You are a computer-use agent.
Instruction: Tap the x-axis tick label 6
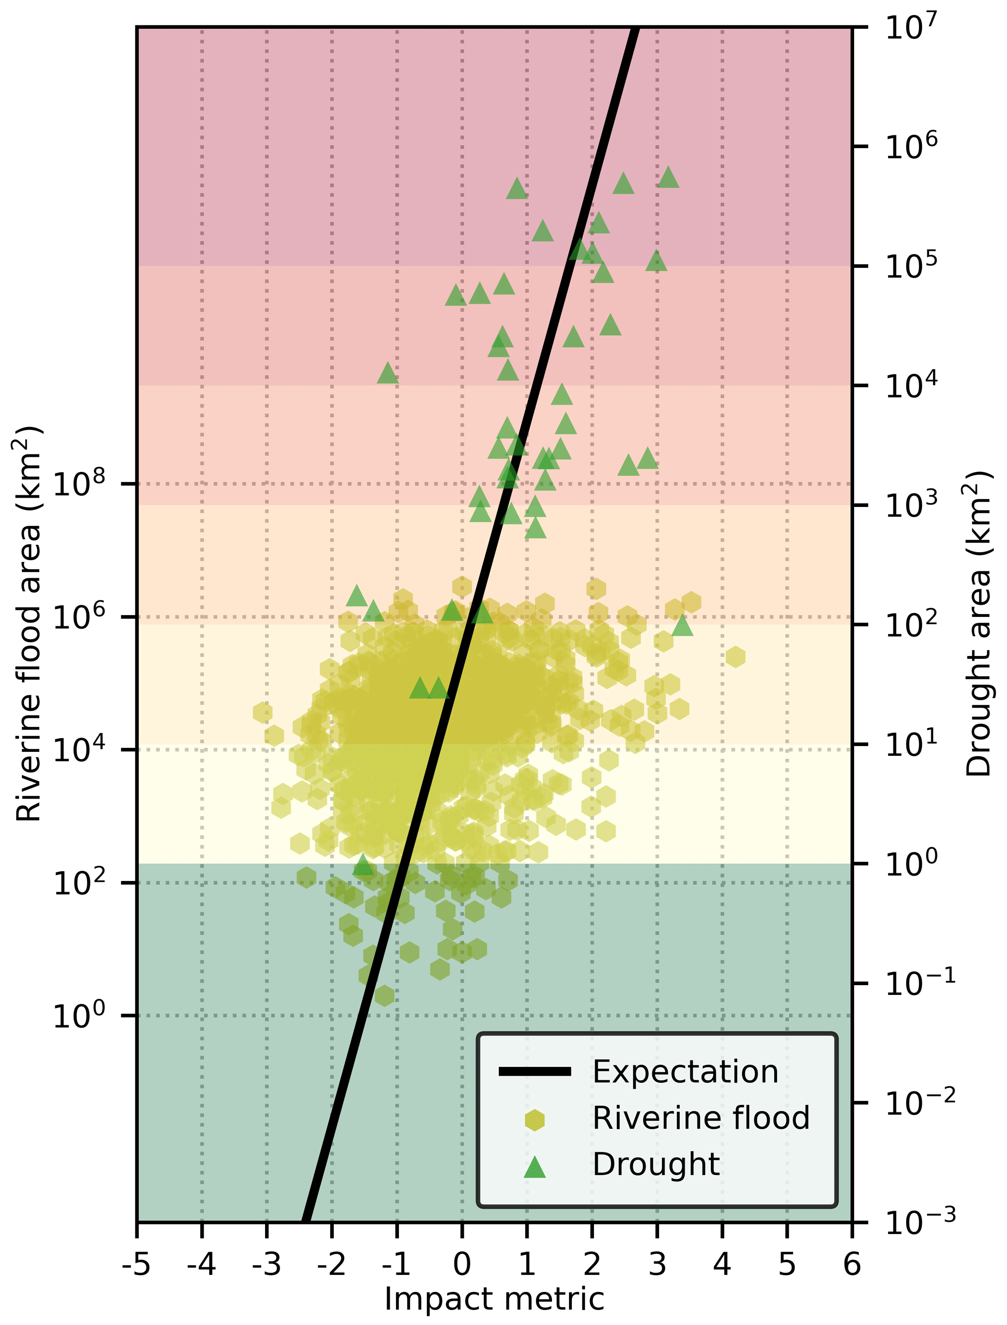pyautogui.click(x=852, y=1265)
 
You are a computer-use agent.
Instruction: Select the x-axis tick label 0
pyautogui.click(x=461, y=1265)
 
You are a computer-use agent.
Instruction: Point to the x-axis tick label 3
pyautogui.click(x=657, y=1265)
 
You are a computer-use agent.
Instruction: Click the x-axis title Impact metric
pyautogui.click(x=494, y=1299)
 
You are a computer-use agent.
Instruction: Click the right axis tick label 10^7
pyautogui.click(x=911, y=27)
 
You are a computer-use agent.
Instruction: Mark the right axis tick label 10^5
pyautogui.click(x=911, y=265)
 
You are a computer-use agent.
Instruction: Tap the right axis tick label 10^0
pyautogui.click(x=911, y=863)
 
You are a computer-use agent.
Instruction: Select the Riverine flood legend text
pyautogui.click(x=701, y=1117)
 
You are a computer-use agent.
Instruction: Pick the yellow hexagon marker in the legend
pyautogui.click(x=534, y=1120)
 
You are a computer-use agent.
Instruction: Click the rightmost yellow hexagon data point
pyautogui.click(x=736, y=656)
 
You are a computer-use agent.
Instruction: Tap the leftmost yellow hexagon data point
pyautogui.click(x=263, y=712)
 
